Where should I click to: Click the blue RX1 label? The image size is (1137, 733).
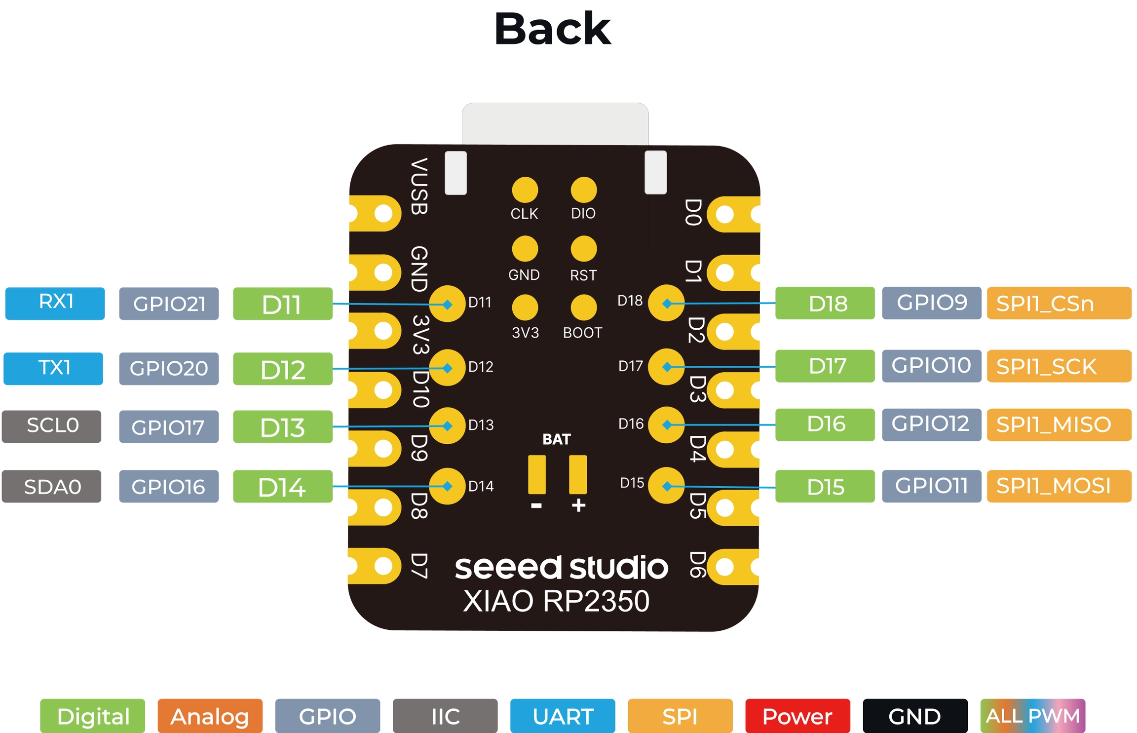pos(55,303)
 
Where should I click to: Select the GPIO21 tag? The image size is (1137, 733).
pos(169,304)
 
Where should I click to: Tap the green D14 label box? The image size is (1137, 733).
pos(282,486)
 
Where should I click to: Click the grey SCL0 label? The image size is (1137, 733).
pos(52,426)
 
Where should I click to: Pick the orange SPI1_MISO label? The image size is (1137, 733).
pos(1059,424)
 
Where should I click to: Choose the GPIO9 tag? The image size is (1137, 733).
pos(931,303)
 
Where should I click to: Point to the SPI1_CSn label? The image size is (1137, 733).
pos(1059,303)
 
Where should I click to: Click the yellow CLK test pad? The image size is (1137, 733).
pos(525,190)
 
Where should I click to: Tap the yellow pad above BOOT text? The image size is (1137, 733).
pos(583,307)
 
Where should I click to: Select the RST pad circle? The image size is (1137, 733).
pos(583,248)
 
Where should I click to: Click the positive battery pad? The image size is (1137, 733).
pos(577,474)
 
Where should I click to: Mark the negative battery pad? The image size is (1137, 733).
pos(537,474)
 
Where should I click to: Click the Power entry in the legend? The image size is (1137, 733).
pos(797,716)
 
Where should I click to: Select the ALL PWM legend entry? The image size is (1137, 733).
pos(1032,716)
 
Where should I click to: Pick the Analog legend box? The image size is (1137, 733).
pos(210,716)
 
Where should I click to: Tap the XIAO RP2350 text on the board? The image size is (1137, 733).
pos(556,601)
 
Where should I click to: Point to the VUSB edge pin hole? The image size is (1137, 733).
pos(383,213)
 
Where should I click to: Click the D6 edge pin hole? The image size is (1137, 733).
pos(724,566)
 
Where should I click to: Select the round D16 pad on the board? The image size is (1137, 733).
pos(666,424)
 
